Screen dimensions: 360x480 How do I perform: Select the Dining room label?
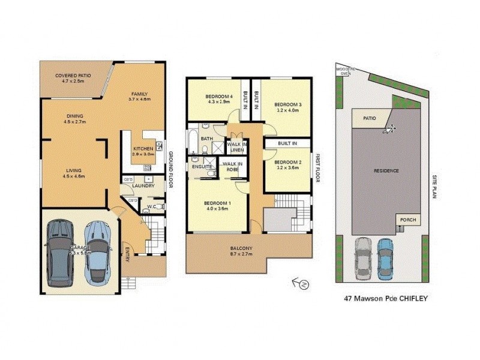click(x=75, y=116)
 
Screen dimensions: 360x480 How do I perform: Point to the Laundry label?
click(x=144, y=186)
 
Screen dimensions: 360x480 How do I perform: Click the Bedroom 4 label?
click(x=218, y=97)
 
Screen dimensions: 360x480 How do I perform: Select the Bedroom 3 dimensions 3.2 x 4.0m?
click(x=289, y=110)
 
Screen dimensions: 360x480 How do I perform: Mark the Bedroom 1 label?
click(x=218, y=204)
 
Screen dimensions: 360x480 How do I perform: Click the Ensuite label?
click(x=202, y=166)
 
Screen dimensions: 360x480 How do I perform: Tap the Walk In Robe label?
click(x=232, y=167)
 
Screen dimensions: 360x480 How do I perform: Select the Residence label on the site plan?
click(x=386, y=171)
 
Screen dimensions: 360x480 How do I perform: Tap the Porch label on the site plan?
click(x=408, y=220)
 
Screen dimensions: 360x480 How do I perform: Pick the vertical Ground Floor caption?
click(x=171, y=169)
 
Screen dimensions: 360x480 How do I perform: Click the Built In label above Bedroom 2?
click(x=288, y=144)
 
